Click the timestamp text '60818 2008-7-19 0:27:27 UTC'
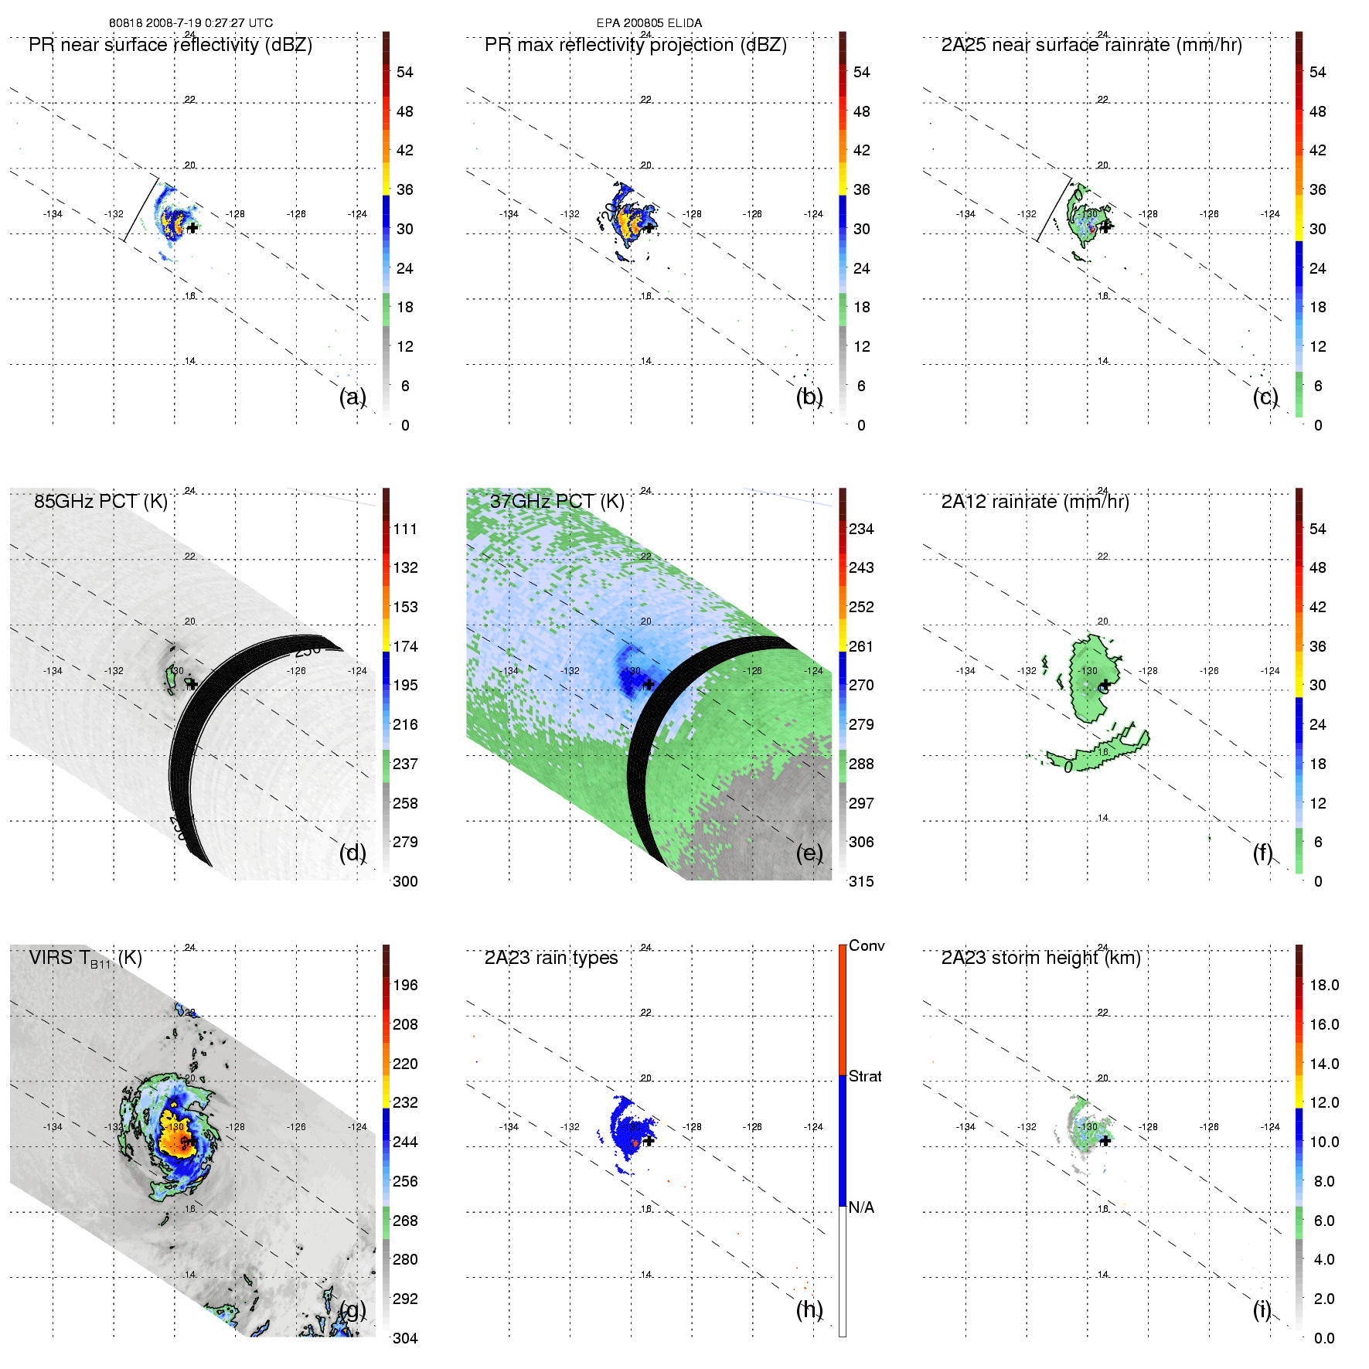click(x=190, y=23)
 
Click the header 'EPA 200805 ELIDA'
click(x=649, y=23)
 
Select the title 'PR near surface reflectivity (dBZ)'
click(x=170, y=45)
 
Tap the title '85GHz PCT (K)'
click(x=100, y=502)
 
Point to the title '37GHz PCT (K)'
click(x=557, y=502)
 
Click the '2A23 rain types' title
click(x=550, y=958)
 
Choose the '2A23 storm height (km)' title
click(x=1040, y=958)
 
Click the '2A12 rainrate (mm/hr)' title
click(x=1034, y=502)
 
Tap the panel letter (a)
click(x=352, y=397)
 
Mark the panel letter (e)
click(x=809, y=853)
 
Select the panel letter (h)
click(x=809, y=1309)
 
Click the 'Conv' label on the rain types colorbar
click(x=866, y=945)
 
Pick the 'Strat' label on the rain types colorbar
click(x=864, y=1076)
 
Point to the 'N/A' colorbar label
click(x=861, y=1207)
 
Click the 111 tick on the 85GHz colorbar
click(x=405, y=529)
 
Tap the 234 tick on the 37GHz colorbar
click(x=861, y=529)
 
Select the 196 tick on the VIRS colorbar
click(x=405, y=985)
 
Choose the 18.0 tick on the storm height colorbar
click(x=1323, y=985)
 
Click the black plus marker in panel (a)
click(x=192, y=228)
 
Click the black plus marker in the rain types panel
click(x=649, y=1140)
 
